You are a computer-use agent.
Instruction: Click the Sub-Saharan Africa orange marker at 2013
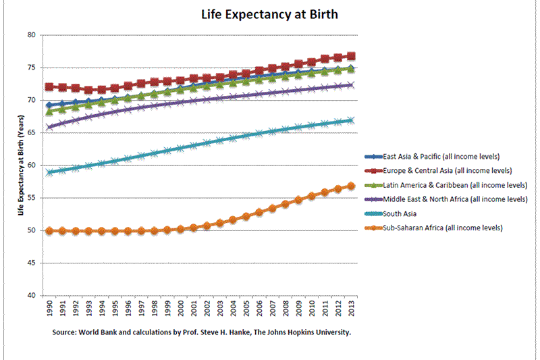coord(351,186)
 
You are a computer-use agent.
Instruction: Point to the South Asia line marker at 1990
coord(49,173)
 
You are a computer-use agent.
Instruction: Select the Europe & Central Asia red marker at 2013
coord(351,57)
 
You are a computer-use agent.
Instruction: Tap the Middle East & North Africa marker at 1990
coord(49,127)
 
